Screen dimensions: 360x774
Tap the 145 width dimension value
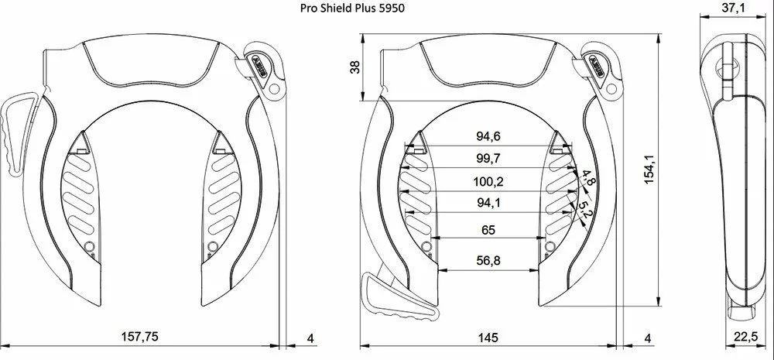point(488,338)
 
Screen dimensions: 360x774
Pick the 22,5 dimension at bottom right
point(745,338)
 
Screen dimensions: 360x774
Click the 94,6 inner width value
point(488,137)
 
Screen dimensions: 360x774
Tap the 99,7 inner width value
point(488,159)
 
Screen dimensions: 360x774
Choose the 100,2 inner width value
point(488,182)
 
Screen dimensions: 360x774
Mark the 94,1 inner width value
point(488,204)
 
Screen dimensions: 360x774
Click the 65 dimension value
point(488,230)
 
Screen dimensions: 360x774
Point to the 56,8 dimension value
point(488,261)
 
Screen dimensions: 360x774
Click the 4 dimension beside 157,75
point(310,338)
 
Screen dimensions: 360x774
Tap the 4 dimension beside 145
point(648,338)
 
